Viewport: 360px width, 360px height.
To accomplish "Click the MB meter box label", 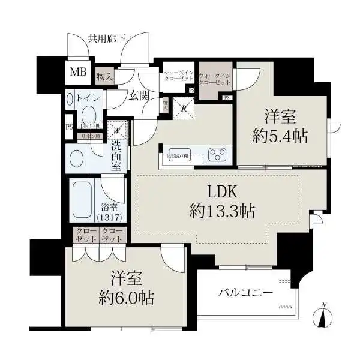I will (x=79, y=73).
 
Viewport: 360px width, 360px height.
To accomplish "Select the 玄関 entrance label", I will (x=137, y=95).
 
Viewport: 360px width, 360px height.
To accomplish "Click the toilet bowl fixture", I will (x=89, y=114).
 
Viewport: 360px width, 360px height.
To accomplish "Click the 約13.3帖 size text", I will (x=223, y=211).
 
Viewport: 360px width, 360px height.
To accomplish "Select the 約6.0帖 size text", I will (x=125, y=296).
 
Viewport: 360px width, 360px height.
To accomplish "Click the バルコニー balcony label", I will (x=245, y=293).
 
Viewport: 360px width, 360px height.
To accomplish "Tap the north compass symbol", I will (x=323, y=314).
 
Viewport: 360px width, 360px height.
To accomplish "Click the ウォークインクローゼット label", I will (x=215, y=79).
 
